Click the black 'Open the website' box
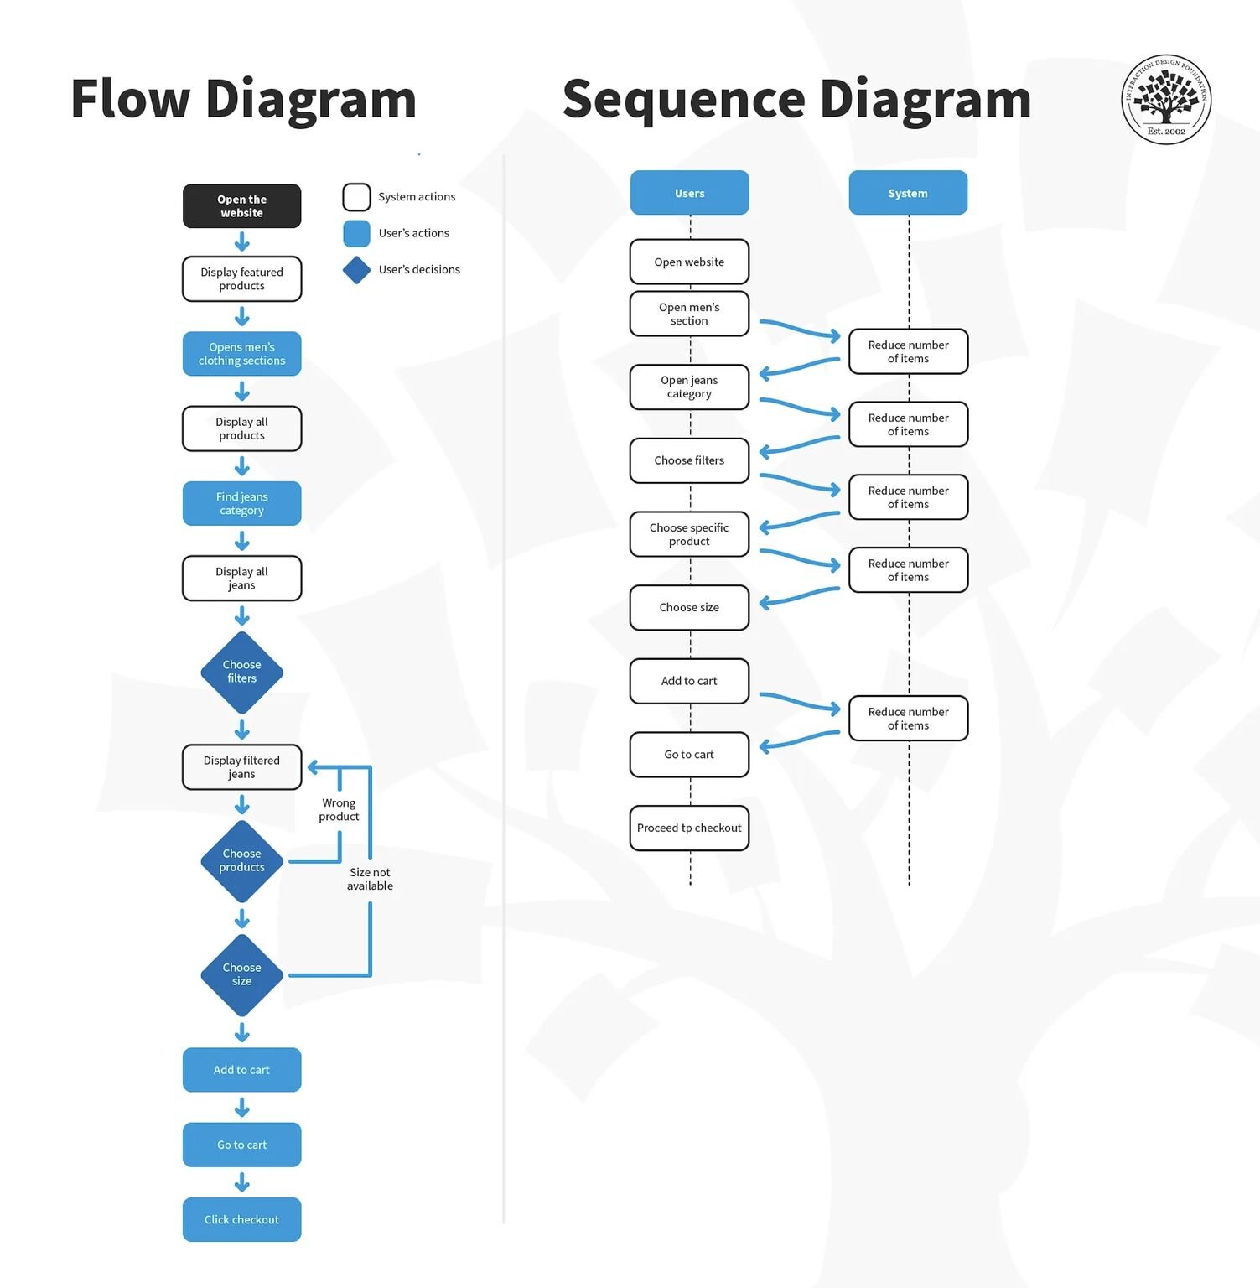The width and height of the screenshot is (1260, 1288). (241, 206)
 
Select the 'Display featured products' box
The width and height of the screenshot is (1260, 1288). (241, 279)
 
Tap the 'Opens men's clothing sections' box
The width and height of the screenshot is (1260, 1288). (241, 354)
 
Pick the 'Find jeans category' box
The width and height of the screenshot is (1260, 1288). (241, 503)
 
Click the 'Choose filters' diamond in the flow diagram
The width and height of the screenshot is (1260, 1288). (241, 673)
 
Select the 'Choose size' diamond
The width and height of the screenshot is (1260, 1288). (241, 975)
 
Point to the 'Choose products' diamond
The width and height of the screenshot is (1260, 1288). (241, 861)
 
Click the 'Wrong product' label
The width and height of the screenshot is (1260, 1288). (339, 810)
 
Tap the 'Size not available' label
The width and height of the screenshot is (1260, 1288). (370, 880)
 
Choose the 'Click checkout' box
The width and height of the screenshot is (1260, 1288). (241, 1220)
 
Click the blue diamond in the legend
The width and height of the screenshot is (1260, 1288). (356, 270)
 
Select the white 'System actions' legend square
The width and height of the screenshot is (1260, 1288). (356, 197)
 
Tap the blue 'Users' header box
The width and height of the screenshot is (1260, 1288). (689, 193)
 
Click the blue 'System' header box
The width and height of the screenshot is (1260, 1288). (908, 193)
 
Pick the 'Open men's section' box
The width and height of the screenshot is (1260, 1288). (689, 314)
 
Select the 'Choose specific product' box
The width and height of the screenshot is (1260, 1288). (689, 534)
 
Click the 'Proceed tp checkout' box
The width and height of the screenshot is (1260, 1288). (689, 828)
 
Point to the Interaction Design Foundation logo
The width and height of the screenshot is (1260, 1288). (1166, 100)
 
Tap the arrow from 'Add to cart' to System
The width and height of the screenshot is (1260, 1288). (800, 702)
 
